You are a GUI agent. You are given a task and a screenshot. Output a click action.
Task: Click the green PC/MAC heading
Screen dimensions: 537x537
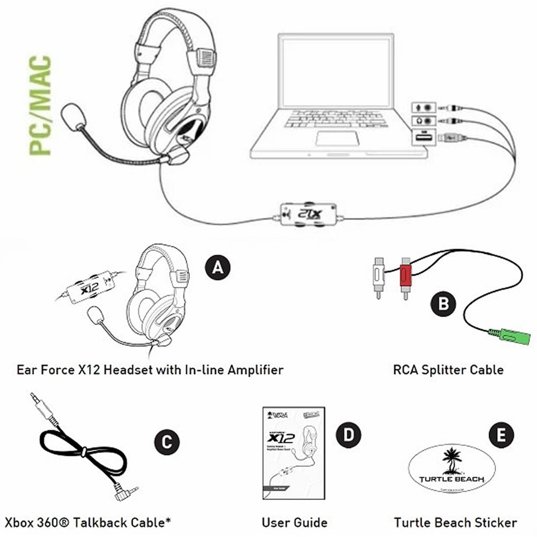pyautogui.click(x=40, y=105)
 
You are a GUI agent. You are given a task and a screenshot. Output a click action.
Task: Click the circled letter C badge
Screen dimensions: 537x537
pyautogui.click(x=166, y=442)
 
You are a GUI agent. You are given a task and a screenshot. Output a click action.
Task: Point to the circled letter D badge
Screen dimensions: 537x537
pyautogui.click(x=348, y=435)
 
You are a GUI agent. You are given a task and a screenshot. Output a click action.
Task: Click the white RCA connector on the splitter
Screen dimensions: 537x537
pyautogui.click(x=377, y=274)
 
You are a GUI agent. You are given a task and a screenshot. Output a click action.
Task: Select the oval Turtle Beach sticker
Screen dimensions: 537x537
pyautogui.click(x=452, y=469)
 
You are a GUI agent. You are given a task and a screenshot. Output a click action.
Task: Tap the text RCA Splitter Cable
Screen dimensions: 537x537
pyautogui.click(x=448, y=370)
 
